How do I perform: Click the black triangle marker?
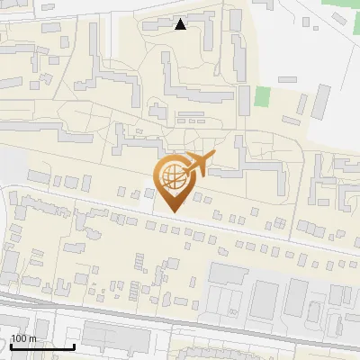181,24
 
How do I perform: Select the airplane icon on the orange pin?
198,163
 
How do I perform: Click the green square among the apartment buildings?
262,96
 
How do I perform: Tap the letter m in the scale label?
33,339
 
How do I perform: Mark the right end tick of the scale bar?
74,346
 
